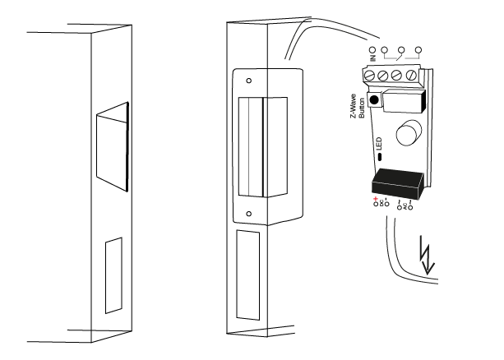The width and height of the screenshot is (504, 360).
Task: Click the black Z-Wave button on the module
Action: (373, 100)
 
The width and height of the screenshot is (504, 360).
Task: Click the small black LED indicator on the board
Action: (379, 155)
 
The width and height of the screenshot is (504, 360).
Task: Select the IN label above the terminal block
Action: (372, 55)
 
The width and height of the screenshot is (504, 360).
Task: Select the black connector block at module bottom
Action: (397, 182)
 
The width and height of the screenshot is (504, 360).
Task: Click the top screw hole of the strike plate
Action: (249, 81)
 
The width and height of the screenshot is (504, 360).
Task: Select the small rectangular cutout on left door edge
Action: (113, 275)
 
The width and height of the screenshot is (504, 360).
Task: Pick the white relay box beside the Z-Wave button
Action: (403, 102)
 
